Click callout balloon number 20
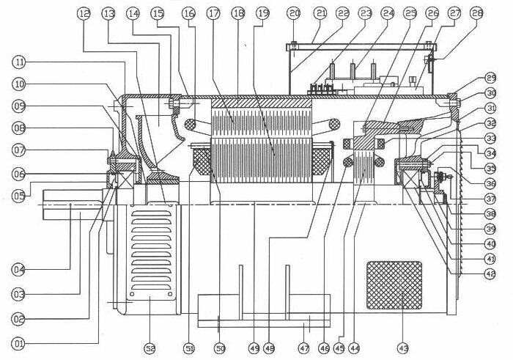(x=294, y=13)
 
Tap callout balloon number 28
(x=477, y=13)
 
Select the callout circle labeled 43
(x=402, y=345)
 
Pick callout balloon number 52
(x=148, y=345)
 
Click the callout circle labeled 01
(x=18, y=342)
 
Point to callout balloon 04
(x=18, y=269)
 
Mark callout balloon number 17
(x=213, y=13)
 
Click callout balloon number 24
(x=388, y=13)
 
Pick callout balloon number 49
(x=255, y=345)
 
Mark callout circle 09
(x=18, y=106)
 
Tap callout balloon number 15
(x=158, y=13)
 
